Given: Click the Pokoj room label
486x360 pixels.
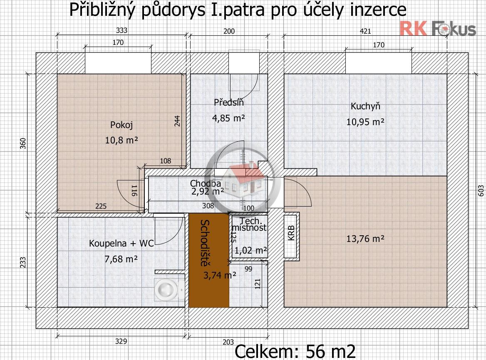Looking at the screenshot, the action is (121, 125).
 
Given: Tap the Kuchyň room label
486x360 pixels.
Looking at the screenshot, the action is (365, 106).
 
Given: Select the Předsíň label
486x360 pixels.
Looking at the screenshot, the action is (229, 102).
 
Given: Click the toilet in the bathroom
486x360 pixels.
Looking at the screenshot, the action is (169, 289).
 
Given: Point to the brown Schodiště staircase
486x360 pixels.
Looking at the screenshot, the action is (209, 260).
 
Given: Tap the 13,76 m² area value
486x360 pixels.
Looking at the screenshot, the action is (365, 239).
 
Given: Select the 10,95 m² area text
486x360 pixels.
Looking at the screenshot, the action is (365, 122).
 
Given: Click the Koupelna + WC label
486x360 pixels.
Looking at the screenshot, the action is (121, 243).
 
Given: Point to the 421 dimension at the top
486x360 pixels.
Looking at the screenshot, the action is (365, 31).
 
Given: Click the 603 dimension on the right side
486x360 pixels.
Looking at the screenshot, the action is (481, 191).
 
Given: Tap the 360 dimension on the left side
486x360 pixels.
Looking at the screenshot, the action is (23, 143).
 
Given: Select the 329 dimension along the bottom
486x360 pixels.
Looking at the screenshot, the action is (121, 341).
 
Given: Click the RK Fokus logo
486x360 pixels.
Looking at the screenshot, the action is (438, 29).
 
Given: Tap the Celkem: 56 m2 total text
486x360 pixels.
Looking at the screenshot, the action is (295, 351).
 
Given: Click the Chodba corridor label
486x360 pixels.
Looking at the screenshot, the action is (206, 183).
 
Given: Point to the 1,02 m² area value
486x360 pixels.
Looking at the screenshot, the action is (250, 250).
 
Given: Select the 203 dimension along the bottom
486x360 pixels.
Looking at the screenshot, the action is (228, 342).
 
